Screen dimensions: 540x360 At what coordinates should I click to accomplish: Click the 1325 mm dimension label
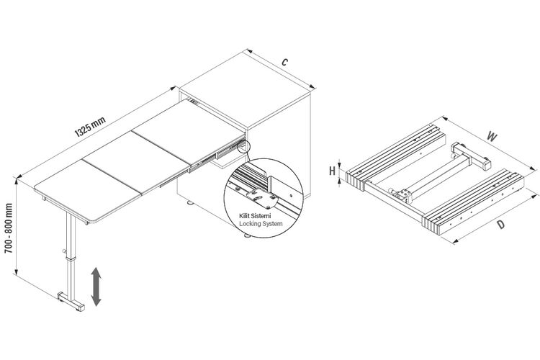[x=90, y=127]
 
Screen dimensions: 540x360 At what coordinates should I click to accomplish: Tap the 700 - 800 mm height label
[x=9, y=228]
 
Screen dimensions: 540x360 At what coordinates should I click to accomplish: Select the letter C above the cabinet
[x=284, y=62]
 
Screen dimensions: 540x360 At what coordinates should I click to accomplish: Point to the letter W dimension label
[x=492, y=137]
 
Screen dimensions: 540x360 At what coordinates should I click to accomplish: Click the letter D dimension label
[x=501, y=225]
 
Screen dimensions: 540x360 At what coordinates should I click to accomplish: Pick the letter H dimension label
[x=332, y=171]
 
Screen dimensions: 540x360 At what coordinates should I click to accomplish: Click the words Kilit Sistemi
[x=255, y=216]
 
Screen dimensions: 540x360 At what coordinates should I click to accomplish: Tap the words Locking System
[x=261, y=224]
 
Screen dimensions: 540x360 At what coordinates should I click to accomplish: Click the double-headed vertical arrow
[x=96, y=287]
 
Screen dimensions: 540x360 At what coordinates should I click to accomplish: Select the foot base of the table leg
[x=71, y=302]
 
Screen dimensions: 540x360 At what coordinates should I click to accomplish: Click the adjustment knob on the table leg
[x=64, y=251]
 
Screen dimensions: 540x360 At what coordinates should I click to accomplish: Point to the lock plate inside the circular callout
[x=261, y=199]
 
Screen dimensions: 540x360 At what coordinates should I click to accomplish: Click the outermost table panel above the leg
[x=88, y=191]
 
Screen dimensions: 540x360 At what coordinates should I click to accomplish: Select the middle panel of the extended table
[x=136, y=161]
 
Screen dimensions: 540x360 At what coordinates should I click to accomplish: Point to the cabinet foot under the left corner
[x=190, y=202]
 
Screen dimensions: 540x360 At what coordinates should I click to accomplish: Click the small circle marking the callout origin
[x=244, y=147]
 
